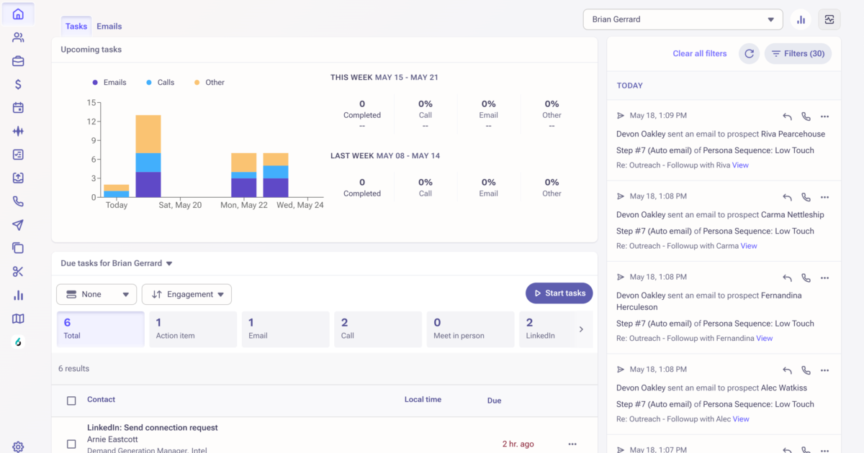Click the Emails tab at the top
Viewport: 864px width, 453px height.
coord(109,27)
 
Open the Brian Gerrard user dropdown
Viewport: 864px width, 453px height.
coord(682,19)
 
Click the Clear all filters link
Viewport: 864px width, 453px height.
coord(699,54)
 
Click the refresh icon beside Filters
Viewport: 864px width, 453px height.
coord(749,54)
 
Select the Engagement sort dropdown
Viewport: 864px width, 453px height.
coord(186,294)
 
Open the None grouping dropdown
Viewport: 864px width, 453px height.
coord(96,294)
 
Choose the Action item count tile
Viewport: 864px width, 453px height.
coord(192,329)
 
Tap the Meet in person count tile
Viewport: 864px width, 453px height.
coord(470,329)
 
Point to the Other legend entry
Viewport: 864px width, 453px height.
coord(209,83)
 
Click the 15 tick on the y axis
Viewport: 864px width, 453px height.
coord(91,103)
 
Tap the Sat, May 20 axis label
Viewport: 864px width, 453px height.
coord(179,206)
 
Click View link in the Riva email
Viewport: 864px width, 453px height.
coord(740,165)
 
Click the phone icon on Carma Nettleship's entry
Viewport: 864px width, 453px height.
coord(806,197)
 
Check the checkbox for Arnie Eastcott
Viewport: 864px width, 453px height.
coord(71,444)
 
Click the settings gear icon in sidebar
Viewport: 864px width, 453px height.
coord(18,447)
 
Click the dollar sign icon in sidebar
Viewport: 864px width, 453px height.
coord(18,85)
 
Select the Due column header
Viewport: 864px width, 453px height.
coord(494,401)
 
